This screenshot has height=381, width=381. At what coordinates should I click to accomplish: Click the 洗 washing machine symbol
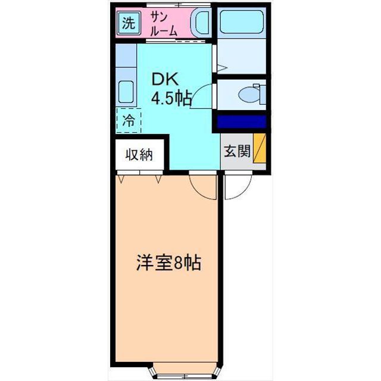(128, 24)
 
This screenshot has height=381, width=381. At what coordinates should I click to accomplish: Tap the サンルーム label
(163, 24)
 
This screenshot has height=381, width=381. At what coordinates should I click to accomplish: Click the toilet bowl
(245, 94)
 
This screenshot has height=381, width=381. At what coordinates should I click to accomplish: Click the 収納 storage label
(139, 155)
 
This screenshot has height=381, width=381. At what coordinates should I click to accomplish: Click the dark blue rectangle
(241, 122)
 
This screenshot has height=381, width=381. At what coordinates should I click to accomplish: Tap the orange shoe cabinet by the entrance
(260, 148)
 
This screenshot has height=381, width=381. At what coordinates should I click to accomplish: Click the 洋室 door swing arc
(202, 186)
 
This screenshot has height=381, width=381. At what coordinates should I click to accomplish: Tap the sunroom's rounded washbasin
(200, 24)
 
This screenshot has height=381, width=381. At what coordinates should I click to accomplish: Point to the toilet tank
(258, 94)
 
